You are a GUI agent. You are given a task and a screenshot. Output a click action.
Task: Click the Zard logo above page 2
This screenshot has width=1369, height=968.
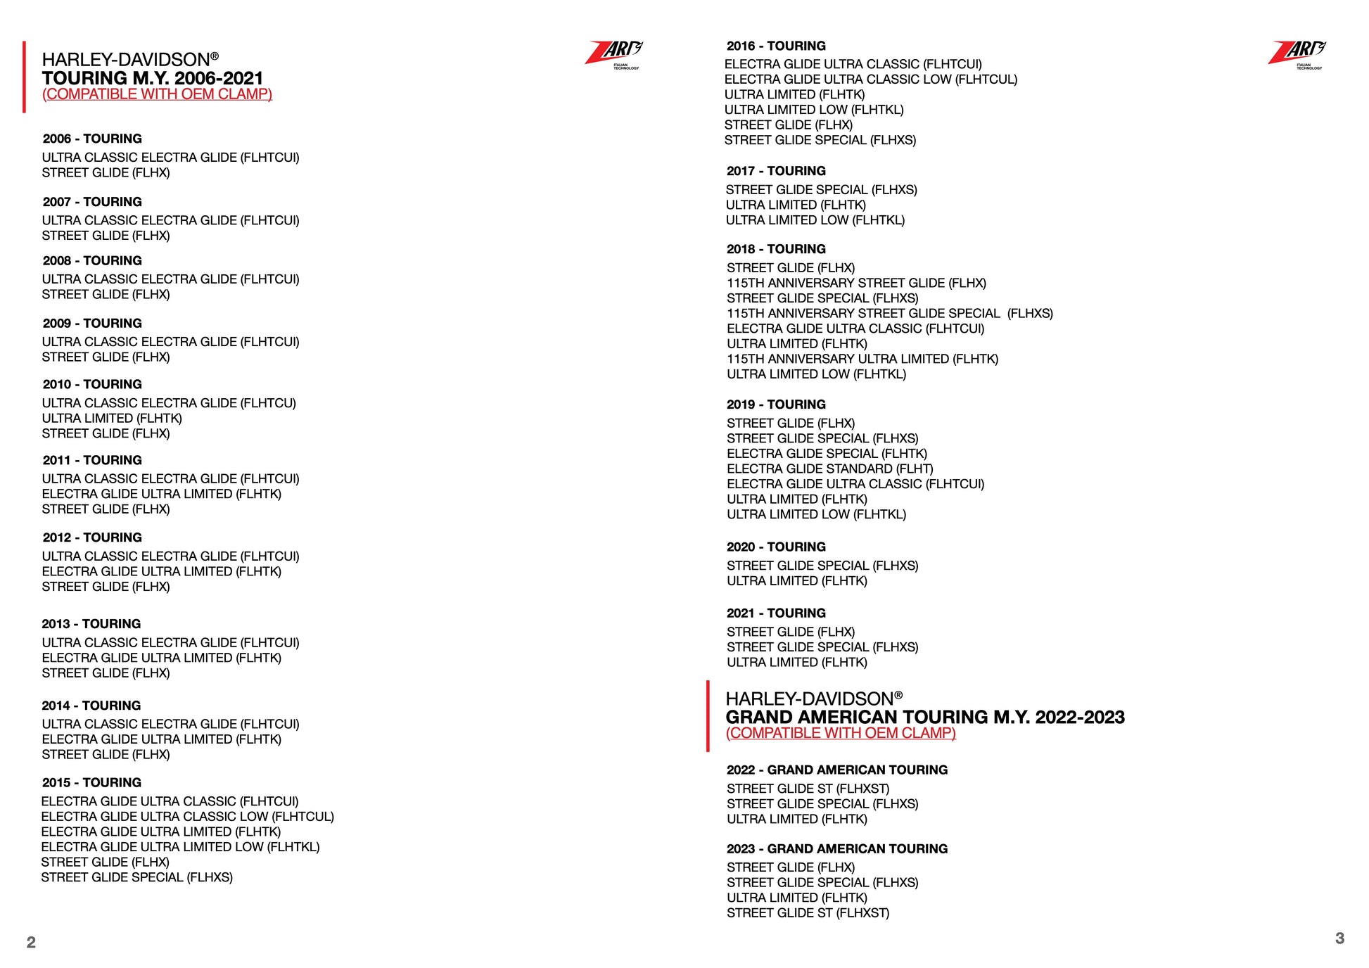click(614, 53)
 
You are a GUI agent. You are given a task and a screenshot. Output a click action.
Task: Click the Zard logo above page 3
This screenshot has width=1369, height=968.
click(1297, 53)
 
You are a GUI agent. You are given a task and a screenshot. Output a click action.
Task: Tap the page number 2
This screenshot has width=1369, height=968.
click(31, 942)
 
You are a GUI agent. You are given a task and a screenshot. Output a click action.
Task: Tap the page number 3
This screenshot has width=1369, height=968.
click(1339, 938)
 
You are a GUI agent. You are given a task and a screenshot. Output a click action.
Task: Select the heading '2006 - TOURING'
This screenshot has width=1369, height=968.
click(92, 139)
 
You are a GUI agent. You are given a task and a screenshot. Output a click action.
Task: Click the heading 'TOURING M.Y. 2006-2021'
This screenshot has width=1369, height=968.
click(153, 78)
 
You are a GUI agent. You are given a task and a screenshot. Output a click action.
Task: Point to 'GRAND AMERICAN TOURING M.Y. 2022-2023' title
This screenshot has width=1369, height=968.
click(925, 717)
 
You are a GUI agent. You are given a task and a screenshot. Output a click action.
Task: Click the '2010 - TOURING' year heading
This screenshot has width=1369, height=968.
click(92, 384)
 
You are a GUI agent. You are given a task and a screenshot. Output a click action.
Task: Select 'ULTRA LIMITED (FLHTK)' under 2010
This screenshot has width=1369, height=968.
click(112, 418)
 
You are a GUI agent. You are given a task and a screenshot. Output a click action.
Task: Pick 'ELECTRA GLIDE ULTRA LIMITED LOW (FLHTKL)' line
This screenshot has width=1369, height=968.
click(180, 847)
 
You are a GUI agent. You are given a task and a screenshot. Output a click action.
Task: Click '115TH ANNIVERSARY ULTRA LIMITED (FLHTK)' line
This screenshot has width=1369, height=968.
click(862, 359)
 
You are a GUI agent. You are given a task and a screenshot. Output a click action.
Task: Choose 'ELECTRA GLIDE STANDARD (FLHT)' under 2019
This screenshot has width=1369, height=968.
click(830, 469)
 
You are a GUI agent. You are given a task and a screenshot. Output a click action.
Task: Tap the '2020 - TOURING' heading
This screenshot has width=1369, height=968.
click(776, 547)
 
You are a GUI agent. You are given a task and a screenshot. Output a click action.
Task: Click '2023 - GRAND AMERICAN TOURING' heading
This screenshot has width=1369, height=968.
click(837, 848)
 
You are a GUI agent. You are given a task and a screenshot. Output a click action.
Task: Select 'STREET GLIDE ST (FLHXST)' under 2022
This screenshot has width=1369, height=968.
click(808, 789)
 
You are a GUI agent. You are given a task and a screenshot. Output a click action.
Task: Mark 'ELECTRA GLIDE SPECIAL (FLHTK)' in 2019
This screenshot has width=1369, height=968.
click(827, 454)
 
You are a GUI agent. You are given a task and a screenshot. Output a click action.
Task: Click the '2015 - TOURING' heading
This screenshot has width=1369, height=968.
click(91, 782)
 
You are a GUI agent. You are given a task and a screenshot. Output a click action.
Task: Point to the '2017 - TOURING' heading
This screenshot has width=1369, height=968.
click(776, 171)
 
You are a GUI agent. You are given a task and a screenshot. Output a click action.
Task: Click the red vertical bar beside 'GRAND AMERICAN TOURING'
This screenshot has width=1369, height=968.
click(708, 716)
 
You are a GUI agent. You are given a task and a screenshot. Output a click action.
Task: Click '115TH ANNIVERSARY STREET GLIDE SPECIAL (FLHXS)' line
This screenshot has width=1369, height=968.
click(890, 313)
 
